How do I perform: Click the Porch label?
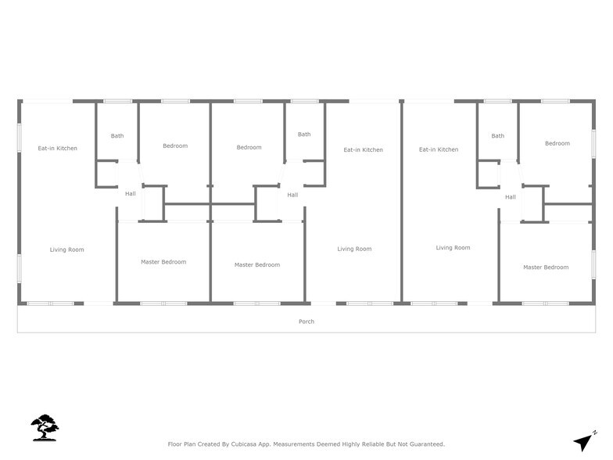point(306,322)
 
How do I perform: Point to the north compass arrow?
point(584,440)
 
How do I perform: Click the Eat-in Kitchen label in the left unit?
point(58,148)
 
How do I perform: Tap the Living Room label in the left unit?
point(67,250)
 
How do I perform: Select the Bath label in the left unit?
point(117,136)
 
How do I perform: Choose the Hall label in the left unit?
point(130,193)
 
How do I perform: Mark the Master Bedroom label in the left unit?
point(163,262)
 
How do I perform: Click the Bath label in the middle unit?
point(304,135)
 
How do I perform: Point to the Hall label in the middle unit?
point(292,195)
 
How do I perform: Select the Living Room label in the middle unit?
point(354,250)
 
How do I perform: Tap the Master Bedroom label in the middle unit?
point(257,265)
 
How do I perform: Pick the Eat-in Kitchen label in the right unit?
point(438,149)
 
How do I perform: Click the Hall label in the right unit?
point(511,197)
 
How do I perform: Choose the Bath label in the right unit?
point(498,136)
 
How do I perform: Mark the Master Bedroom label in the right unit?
point(546,268)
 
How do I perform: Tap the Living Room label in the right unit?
point(453,248)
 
